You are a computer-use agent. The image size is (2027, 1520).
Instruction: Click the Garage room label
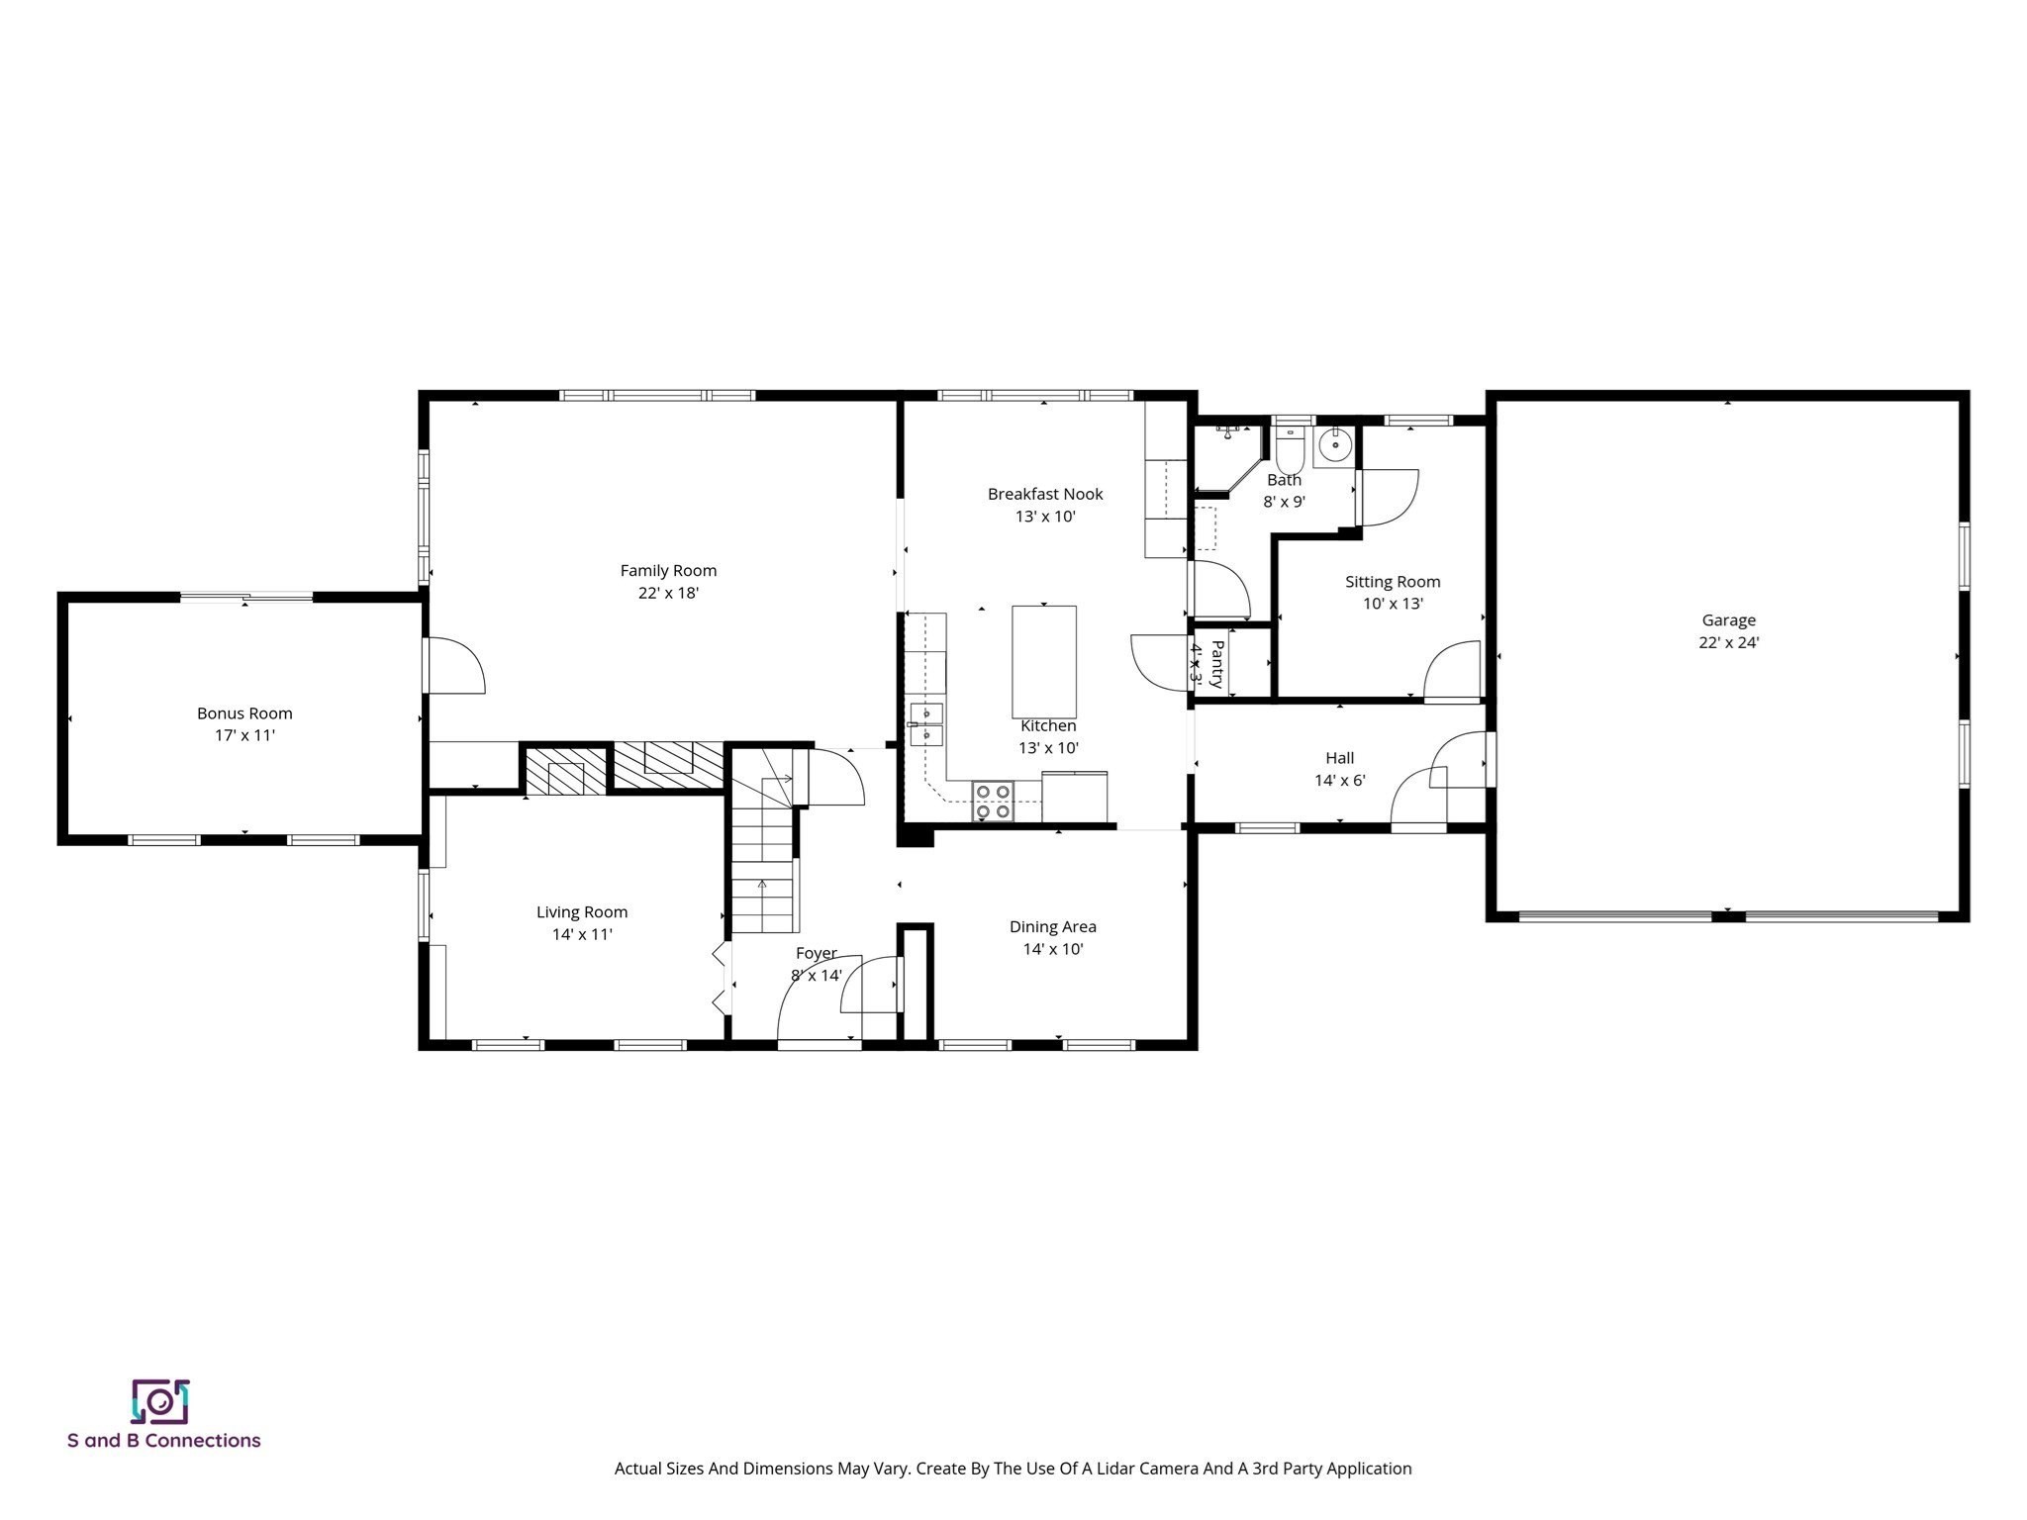click(1728, 620)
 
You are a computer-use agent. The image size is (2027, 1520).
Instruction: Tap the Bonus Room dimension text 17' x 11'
click(244, 735)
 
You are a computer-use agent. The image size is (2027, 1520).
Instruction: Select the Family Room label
click(668, 570)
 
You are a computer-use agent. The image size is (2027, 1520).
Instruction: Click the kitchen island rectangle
click(1043, 662)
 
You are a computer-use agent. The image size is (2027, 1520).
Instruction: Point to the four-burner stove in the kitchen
click(993, 802)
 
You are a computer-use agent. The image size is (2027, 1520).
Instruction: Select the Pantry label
click(1217, 664)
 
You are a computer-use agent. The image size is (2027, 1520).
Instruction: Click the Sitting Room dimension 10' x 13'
click(1393, 604)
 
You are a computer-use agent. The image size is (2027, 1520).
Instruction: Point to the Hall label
click(1339, 758)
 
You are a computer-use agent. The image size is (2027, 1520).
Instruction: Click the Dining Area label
click(1052, 927)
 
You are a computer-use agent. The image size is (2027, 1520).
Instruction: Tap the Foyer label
click(817, 954)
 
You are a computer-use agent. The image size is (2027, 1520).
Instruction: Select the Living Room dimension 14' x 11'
click(582, 934)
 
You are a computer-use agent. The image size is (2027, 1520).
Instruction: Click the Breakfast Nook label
click(1045, 494)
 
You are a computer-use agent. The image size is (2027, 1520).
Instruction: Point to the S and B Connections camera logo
click(160, 1401)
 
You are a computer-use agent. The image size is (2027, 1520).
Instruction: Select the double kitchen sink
click(926, 723)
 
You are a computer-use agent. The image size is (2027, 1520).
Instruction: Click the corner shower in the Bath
click(1229, 458)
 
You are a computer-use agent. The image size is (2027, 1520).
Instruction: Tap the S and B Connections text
click(163, 1441)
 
